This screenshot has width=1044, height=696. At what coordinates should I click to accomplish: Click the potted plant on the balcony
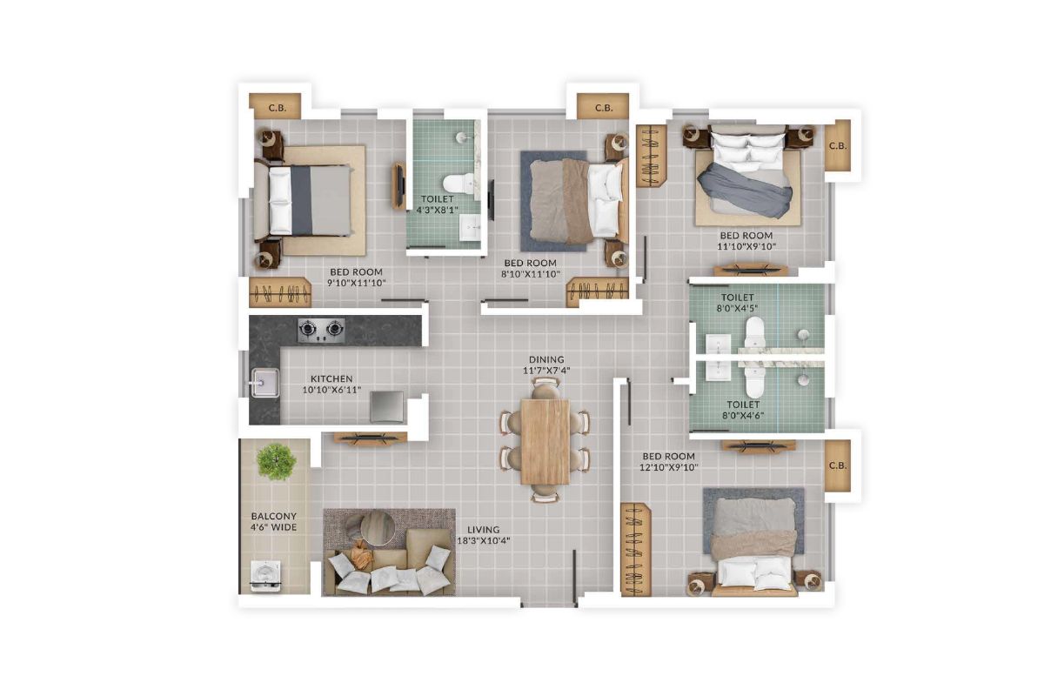tap(277, 461)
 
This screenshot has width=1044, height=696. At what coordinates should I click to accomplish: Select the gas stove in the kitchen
tap(321, 329)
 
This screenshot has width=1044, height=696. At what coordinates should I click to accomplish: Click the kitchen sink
tap(264, 383)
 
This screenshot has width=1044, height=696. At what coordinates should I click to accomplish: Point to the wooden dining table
tap(545, 441)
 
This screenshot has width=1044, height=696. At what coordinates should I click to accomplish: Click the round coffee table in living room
tap(376, 526)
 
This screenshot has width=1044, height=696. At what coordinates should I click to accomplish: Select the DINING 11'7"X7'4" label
tap(545, 365)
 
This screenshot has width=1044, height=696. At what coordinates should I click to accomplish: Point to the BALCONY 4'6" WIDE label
tap(273, 521)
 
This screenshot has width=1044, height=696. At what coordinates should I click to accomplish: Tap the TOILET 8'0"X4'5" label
tap(737, 303)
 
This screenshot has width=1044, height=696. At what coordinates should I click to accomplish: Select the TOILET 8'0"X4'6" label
tap(743, 410)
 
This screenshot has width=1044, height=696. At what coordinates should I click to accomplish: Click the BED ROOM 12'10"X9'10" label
tap(669, 462)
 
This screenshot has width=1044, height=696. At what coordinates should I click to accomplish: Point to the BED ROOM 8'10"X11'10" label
tap(530, 269)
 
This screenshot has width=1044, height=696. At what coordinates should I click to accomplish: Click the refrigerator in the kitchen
tap(386, 406)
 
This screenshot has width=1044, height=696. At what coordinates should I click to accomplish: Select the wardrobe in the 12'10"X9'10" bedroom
tap(635, 549)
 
